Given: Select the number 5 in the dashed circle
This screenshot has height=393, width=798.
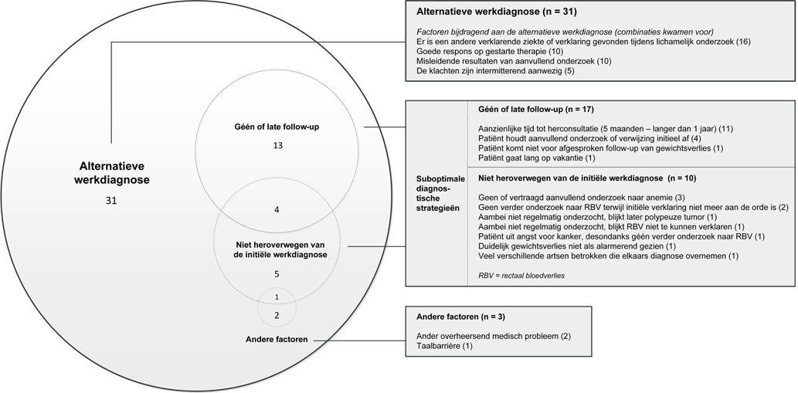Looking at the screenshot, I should [x=277, y=274].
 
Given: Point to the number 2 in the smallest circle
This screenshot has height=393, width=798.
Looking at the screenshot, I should [x=277, y=314].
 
